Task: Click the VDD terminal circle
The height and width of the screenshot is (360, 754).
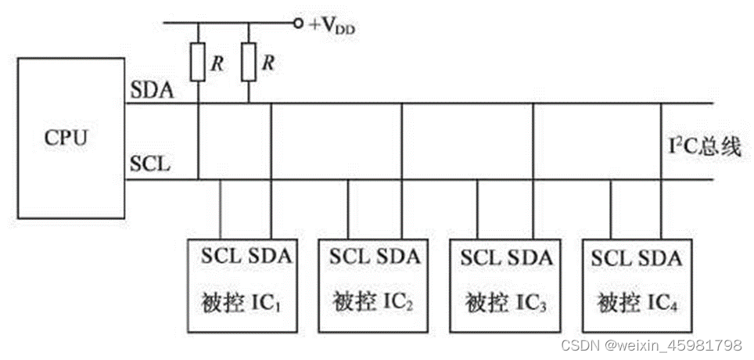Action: (298, 23)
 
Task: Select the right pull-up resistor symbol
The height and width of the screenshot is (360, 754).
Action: (250, 62)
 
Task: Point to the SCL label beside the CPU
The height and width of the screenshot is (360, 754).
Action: (146, 166)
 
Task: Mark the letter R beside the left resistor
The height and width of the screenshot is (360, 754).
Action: (218, 63)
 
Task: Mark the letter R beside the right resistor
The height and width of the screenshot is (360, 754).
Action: (268, 63)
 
